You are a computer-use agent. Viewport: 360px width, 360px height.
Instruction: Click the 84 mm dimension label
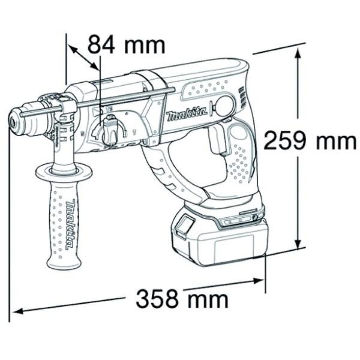pos(125,44)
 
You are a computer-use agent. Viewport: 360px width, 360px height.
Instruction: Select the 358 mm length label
pos(181,298)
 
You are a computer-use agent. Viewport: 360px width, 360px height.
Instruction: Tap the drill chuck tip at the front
pos(13,122)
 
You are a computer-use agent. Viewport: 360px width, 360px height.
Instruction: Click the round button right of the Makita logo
pos(224,106)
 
